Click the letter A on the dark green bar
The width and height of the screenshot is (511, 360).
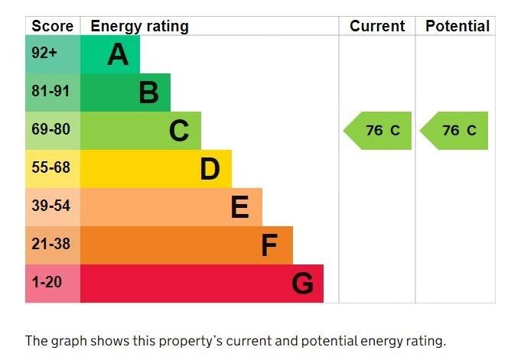pos(118,54)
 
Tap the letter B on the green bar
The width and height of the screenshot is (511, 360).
pos(148,92)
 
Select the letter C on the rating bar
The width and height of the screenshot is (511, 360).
pos(179,131)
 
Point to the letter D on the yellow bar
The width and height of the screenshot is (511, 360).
pos(210,169)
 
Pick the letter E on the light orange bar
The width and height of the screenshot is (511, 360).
pos(239,207)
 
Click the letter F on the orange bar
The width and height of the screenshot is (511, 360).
pos(269,245)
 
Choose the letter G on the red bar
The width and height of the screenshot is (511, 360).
pos(302,284)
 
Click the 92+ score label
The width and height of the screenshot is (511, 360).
pos(44,54)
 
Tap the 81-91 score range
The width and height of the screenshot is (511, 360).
pos(50,91)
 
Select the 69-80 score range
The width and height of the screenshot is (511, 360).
pos(50,129)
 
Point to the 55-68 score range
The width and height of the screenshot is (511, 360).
pos(50,167)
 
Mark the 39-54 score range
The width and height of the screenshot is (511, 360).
pos(50,206)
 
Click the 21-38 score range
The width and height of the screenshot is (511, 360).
pos(50,244)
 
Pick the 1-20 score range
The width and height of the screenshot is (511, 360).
pos(47,282)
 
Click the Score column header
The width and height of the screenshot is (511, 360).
pos(53,26)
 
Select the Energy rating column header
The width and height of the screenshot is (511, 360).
pos(139,26)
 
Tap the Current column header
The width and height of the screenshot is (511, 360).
pos(377,26)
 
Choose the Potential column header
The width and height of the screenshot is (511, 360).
pos(457,26)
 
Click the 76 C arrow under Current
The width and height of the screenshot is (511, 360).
pos(379,131)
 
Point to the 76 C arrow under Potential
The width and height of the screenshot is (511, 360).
pos(456,131)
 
